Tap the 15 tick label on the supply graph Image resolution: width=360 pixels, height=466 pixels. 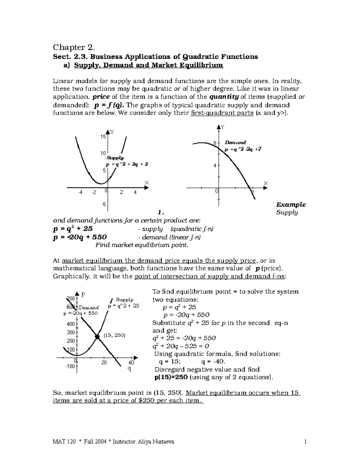(x=103, y=137)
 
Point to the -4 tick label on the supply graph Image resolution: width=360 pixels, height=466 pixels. (x=80, y=192)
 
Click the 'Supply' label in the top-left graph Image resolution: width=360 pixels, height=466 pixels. (x=115, y=158)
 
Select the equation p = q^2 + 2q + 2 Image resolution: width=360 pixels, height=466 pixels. (x=127, y=164)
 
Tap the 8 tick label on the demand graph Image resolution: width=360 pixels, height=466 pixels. (x=215, y=143)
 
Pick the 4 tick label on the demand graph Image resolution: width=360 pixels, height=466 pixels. (x=215, y=165)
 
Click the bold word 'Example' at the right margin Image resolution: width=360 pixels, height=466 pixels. (x=291, y=205)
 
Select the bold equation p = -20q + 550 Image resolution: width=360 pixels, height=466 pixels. (x=79, y=237)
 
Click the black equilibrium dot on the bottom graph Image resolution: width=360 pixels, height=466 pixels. (x=97, y=337)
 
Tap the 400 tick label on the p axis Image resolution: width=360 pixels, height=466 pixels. (x=70, y=324)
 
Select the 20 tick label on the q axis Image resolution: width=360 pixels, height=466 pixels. (x=104, y=362)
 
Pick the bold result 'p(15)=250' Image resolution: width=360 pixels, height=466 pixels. (x=171, y=377)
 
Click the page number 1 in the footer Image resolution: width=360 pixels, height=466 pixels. (x=305, y=442)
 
